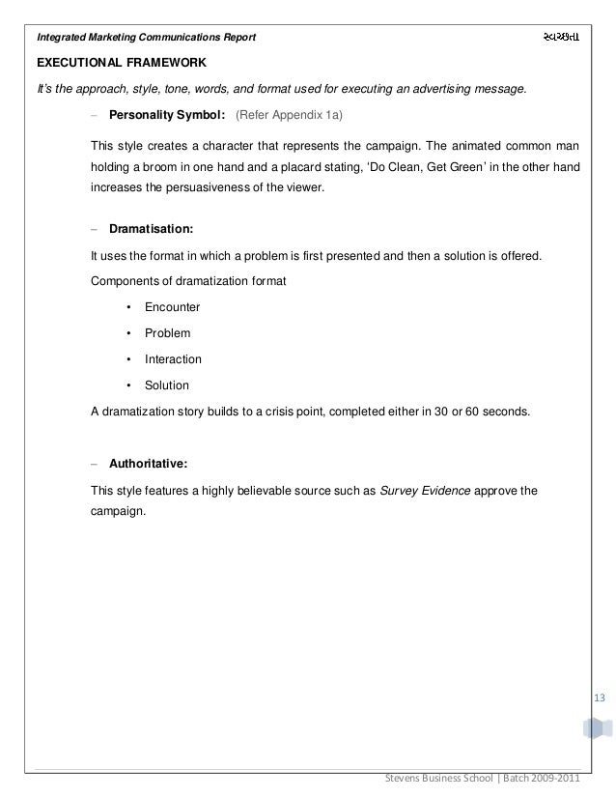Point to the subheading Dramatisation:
coord(151,231)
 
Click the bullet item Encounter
coord(172,307)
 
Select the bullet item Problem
coord(167,333)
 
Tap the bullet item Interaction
coord(173,359)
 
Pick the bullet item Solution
coord(167,385)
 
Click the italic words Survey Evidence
coord(426,490)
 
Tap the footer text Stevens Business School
coord(439,780)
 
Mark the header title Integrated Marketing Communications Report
coord(146,38)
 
